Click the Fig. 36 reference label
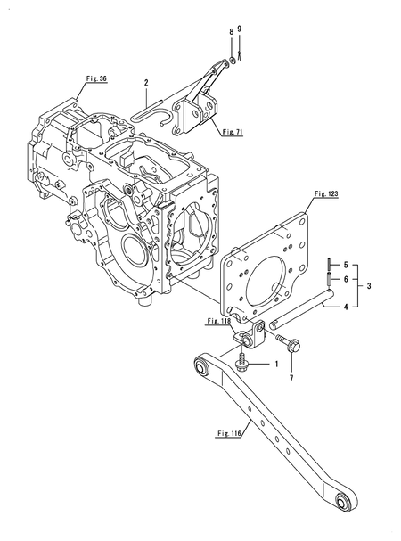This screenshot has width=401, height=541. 96,78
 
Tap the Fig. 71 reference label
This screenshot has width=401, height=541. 233,132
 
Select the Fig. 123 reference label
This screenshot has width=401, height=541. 326,194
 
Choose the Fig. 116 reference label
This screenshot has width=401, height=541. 229,433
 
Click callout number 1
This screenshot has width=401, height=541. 276,364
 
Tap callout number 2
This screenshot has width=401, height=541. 146,83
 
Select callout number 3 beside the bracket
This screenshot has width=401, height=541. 369,286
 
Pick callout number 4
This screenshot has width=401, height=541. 346,307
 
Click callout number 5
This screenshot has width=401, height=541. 346,266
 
